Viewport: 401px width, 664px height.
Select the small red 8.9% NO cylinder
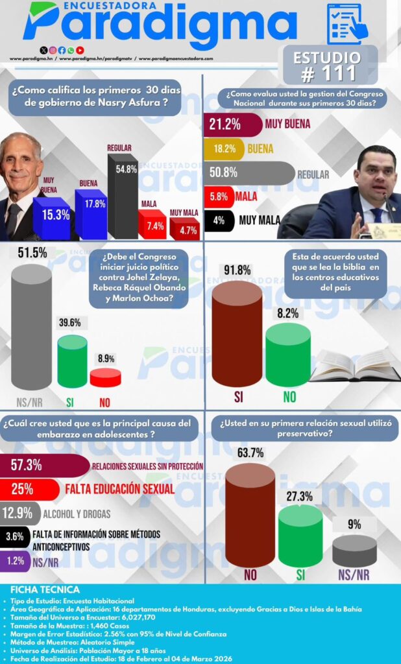(105, 378)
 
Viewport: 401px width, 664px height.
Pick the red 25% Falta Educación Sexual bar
(32, 488)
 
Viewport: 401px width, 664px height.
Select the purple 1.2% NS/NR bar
(14, 562)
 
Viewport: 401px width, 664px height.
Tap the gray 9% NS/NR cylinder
(354, 551)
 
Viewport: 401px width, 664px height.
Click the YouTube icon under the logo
(80, 50)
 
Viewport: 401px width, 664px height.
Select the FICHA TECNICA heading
(45, 590)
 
